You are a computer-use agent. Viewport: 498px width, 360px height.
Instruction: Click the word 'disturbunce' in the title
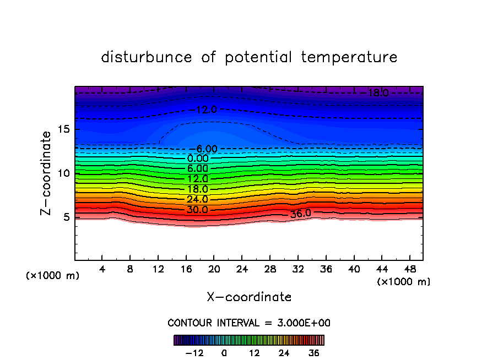(x=147, y=57)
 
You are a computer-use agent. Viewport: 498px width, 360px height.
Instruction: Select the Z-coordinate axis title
(x=47, y=173)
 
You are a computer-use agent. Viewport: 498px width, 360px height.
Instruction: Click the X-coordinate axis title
(x=249, y=297)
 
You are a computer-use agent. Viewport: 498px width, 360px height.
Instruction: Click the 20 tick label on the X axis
(x=214, y=269)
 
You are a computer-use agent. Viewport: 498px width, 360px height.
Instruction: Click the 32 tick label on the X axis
(x=297, y=269)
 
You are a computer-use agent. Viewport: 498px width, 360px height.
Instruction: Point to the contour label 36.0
(x=301, y=214)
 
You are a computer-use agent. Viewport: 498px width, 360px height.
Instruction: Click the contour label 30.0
(x=197, y=210)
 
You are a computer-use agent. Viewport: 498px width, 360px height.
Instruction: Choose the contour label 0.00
(x=197, y=159)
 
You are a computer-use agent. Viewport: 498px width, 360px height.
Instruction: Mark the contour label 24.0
(x=197, y=199)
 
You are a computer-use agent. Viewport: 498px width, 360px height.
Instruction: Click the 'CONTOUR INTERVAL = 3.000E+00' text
(x=249, y=323)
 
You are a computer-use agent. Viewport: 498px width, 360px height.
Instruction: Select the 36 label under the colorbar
(x=314, y=353)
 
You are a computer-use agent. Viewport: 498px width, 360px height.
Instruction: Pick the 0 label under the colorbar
(x=224, y=353)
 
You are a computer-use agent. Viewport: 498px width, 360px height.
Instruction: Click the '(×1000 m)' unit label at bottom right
(x=404, y=281)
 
